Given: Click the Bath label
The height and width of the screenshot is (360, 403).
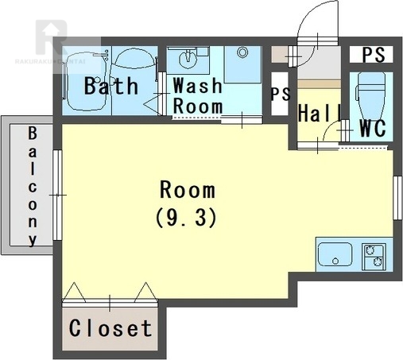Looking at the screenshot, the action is [111, 86].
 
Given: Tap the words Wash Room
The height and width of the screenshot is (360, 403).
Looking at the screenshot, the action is [198, 95].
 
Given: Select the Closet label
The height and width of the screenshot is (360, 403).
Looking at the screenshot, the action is [110, 328].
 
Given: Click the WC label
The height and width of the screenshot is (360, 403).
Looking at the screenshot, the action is [372, 129].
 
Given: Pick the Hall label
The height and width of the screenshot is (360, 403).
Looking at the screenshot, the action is [320, 113].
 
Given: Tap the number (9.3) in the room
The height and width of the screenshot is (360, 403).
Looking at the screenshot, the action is [187, 218].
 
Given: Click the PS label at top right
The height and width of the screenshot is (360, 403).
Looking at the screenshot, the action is [374, 55].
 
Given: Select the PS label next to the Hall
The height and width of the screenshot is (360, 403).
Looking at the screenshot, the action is [281, 94].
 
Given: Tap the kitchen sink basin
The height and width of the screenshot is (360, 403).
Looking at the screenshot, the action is [335, 254].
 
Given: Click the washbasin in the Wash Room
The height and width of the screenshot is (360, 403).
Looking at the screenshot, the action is [188, 60].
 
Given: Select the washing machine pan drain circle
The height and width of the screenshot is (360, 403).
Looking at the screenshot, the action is [242, 52].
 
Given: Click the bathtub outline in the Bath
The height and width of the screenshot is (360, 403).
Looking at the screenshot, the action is [86, 81].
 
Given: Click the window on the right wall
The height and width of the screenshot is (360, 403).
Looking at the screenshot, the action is [397, 198].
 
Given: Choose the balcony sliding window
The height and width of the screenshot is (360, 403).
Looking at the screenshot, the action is [57, 195].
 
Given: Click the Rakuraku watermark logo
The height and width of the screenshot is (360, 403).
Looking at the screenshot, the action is [52, 37].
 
